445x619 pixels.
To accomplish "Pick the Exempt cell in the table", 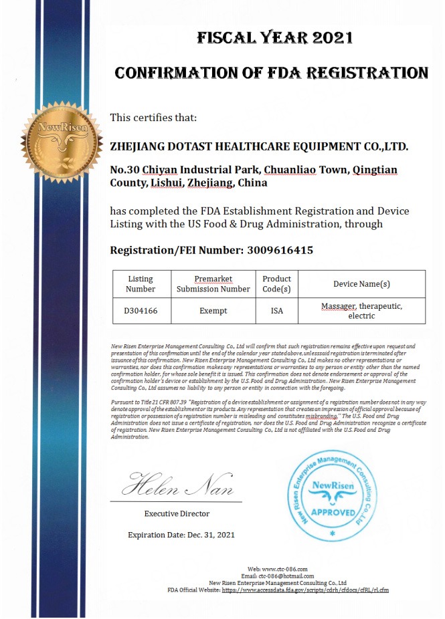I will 213,311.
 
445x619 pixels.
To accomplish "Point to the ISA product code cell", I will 276,311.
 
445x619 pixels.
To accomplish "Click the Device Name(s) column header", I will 361,284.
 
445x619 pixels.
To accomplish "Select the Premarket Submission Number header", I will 213,284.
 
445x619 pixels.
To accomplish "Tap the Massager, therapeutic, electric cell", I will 361,311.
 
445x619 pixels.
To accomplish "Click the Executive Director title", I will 177,513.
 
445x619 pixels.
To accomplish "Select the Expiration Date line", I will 181,535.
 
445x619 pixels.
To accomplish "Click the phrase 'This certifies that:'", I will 153,118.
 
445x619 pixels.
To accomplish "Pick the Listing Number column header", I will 140,284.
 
